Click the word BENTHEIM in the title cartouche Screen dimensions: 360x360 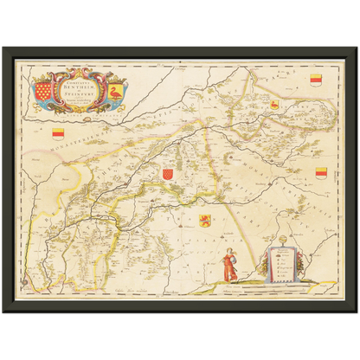pos(87,87)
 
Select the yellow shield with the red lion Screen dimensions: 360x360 pos(206,219)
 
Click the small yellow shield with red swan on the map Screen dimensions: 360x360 pos(274,105)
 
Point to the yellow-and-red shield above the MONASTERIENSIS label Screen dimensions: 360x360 pos(58,133)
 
